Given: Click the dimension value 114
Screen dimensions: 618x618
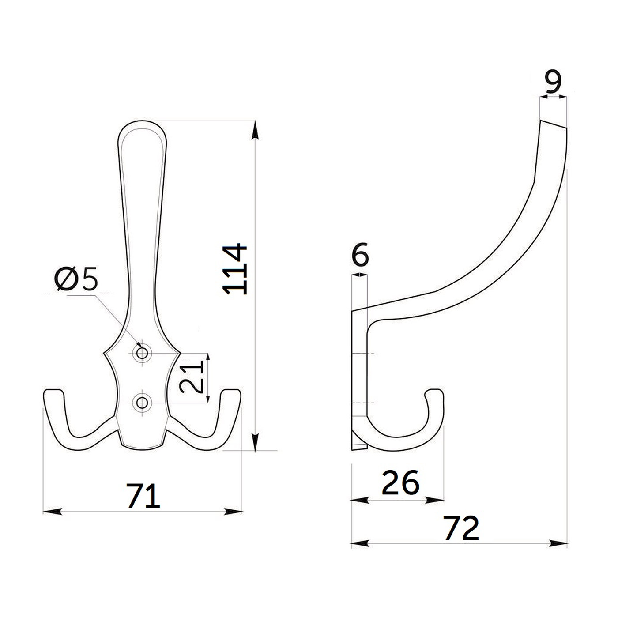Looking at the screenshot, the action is click(x=234, y=270).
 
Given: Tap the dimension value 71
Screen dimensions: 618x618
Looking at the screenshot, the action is click(x=143, y=496).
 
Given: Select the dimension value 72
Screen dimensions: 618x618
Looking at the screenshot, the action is click(x=461, y=528).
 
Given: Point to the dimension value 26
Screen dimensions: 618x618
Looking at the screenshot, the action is click(x=400, y=482).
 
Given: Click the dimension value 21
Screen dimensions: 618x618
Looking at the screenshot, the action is click(x=192, y=377).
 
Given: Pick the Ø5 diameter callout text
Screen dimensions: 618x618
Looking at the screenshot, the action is click(x=76, y=278).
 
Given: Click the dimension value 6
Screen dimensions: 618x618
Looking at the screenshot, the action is click(x=360, y=255).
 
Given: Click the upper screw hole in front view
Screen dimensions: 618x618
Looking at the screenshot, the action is click(x=142, y=354).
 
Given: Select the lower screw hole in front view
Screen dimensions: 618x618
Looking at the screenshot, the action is click(x=142, y=403).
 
